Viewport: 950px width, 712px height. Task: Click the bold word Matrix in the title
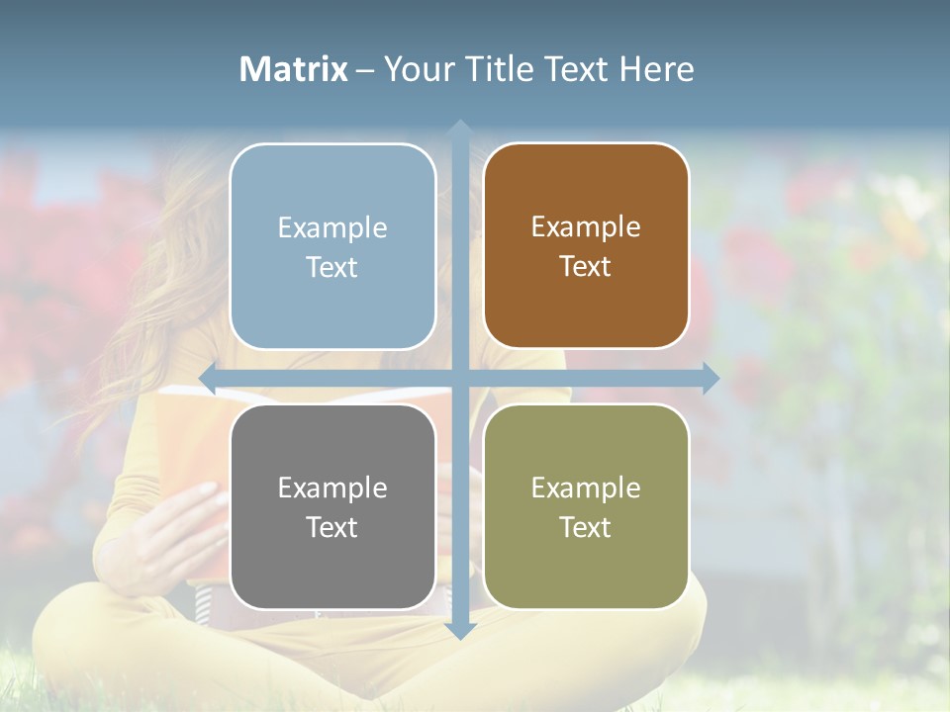coord(294,69)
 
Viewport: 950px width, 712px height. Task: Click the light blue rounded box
coord(332,246)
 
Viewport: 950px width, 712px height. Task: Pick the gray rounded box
coord(332,506)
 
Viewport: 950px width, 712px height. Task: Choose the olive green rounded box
coord(586,506)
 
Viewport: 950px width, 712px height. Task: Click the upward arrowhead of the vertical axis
coord(460,129)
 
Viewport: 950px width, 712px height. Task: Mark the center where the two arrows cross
coord(460,379)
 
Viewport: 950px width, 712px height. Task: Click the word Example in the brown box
coord(586,226)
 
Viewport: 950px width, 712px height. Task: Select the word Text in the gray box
coord(332,527)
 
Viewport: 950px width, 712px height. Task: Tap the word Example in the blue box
coord(332,227)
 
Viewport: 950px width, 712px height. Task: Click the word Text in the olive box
coord(585,527)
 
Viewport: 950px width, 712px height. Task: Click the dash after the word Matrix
coord(365,70)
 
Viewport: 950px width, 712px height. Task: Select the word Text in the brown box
coord(585,266)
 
